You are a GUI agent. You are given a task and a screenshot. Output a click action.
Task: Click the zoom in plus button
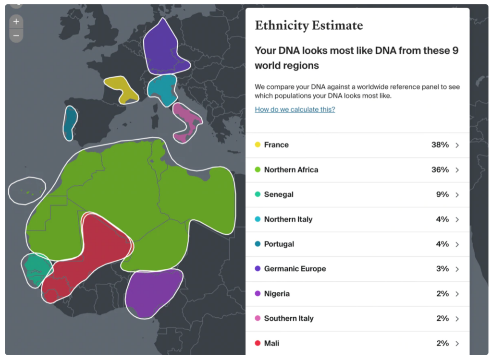click(x=16, y=22)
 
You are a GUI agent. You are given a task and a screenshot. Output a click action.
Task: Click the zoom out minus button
click(x=16, y=36)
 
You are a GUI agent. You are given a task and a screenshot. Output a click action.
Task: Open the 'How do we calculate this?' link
click(x=295, y=109)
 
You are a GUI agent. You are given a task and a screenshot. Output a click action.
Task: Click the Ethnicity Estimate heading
click(x=308, y=25)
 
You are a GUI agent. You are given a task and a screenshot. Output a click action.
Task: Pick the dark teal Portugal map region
click(x=70, y=122)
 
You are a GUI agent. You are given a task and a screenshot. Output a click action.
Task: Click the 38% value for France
click(x=440, y=145)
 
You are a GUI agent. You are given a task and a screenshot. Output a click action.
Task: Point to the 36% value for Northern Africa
click(x=440, y=170)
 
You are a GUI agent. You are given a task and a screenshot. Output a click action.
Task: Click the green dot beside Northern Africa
click(x=258, y=170)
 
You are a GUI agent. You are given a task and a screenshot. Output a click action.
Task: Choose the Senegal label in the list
click(x=279, y=195)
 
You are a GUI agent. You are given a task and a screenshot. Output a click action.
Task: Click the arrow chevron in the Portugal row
click(x=457, y=244)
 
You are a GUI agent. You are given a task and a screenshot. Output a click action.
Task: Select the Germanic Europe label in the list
click(x=295, y=269)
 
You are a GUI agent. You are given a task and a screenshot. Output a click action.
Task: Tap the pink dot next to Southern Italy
click(x=258, y=319)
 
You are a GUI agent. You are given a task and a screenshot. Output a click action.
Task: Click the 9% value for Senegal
click(x=442, y=195)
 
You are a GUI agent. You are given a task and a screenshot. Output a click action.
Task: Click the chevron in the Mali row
click(x=457, y=344)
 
